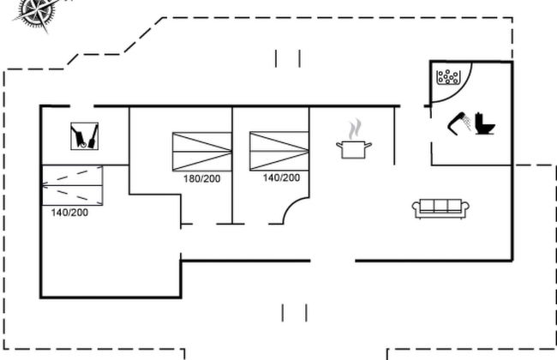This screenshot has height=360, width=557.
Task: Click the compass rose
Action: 37,10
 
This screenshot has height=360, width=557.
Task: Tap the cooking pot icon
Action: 352,149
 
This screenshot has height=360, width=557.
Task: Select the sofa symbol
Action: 440,207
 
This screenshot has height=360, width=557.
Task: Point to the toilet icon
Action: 484,125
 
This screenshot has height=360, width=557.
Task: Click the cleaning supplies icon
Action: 83,135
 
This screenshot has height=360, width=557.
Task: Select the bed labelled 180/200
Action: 201,152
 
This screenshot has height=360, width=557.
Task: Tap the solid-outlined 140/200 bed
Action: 278,151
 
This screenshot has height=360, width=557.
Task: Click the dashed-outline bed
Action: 72,183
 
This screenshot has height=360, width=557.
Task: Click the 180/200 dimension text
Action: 202,179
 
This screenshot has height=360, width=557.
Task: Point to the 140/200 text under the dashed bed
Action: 68,212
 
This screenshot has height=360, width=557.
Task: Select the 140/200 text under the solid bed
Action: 281,178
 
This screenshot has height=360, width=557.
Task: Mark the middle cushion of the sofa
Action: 440,206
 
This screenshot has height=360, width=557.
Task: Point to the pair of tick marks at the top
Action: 288,58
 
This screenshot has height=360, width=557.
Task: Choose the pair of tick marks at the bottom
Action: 294,311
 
